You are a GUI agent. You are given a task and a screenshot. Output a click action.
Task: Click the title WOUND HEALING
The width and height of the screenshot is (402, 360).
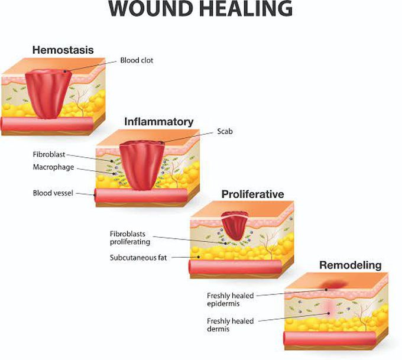(x=200, y=8)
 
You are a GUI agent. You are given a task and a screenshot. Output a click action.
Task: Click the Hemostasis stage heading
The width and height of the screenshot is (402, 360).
(x=63, y=50)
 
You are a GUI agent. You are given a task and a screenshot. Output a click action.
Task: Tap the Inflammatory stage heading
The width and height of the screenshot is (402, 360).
(x=158, y=122)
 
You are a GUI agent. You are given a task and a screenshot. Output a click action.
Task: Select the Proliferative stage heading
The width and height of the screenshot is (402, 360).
(x=252, y=194)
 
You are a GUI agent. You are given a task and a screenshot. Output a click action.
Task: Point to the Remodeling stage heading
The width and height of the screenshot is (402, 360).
(x=350, y=265)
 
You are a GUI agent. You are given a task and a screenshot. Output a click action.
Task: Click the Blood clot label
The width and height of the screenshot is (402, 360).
(x=137, y=60)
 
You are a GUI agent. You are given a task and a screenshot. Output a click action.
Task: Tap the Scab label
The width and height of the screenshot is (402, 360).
(x=225, y=131)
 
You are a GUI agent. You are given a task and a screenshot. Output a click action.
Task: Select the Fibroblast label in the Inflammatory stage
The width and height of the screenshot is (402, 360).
(x=49, y=154)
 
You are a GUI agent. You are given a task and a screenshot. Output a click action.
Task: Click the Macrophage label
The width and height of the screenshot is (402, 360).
(x=53, y=167)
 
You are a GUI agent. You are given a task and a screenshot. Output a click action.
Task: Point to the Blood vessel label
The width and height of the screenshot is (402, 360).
(x=53, y=193)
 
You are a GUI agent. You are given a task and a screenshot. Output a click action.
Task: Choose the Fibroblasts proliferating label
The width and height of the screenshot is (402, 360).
(x=130, y=238)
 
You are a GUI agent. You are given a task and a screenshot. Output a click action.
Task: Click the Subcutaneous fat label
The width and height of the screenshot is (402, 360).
(x=138, y=257)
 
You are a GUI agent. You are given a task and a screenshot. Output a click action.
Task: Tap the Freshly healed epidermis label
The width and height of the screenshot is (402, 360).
(x=230, y=300)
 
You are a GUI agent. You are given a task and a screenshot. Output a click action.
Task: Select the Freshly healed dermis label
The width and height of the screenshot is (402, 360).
(x=230, y=325)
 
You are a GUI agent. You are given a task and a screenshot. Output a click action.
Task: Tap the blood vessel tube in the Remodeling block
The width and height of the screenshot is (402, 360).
(x=329, y=339)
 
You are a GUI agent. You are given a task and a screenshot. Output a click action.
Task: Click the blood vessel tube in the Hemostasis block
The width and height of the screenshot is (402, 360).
(x=47, y=124)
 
